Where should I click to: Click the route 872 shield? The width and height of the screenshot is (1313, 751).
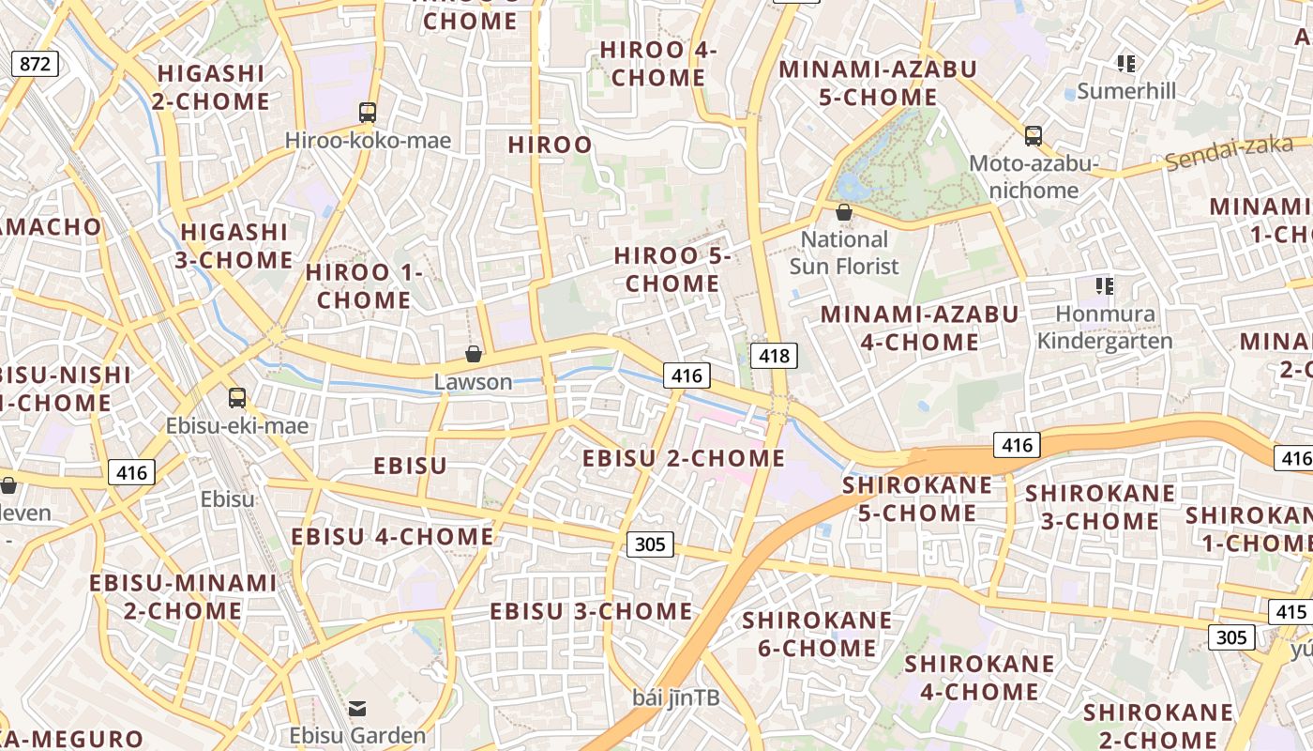click(36, 64)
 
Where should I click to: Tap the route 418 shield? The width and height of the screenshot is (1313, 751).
click(774, 355)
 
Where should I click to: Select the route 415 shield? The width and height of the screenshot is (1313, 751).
click(1290, 612)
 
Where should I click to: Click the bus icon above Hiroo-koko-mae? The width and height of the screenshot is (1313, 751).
click(368, 113)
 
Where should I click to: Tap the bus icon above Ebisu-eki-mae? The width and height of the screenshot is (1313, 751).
click(237, 398)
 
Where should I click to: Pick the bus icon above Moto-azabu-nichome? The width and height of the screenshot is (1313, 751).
click(1033, 136)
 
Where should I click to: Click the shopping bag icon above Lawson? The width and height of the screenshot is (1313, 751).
click(474, 354)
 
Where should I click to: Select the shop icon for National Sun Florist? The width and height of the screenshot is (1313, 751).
click(844, 212)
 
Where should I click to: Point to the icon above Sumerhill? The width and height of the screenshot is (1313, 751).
click(1125, 64)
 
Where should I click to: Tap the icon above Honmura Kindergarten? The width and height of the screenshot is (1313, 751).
click(1104, 285)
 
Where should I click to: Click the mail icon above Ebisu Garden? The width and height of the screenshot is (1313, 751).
click(356, 708)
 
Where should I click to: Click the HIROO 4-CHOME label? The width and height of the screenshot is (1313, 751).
click(657, 64)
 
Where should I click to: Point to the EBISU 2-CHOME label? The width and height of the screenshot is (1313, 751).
click(684, 458)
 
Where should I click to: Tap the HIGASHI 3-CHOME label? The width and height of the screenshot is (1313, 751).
click(234, 245)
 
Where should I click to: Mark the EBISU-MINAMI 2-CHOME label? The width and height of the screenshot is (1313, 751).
click(183, 596)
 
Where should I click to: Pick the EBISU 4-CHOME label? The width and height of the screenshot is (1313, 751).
click(392, 536)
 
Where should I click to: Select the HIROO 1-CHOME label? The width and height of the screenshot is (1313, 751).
click(364, 286)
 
